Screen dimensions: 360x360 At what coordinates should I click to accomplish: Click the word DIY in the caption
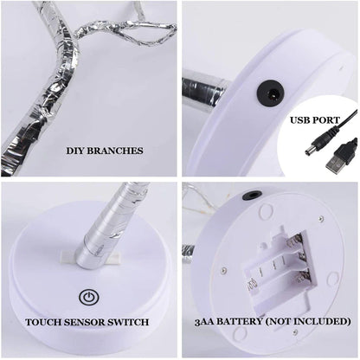point(75,151)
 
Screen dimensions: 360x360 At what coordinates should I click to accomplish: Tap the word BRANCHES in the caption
point(115,151)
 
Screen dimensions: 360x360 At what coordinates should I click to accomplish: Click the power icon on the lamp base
point(89,297)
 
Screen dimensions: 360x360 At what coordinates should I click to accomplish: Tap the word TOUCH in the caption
point(43,322)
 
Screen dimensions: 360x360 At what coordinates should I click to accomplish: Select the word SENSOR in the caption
point(84,322)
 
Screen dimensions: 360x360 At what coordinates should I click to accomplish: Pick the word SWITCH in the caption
point(128,322)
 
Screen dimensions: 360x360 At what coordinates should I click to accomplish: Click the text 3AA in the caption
point(204,321)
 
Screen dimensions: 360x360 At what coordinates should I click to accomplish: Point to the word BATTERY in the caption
point(240,321)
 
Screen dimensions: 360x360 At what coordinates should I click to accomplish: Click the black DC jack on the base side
point(271,93)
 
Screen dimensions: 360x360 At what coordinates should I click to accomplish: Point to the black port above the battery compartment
point(252,195)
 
